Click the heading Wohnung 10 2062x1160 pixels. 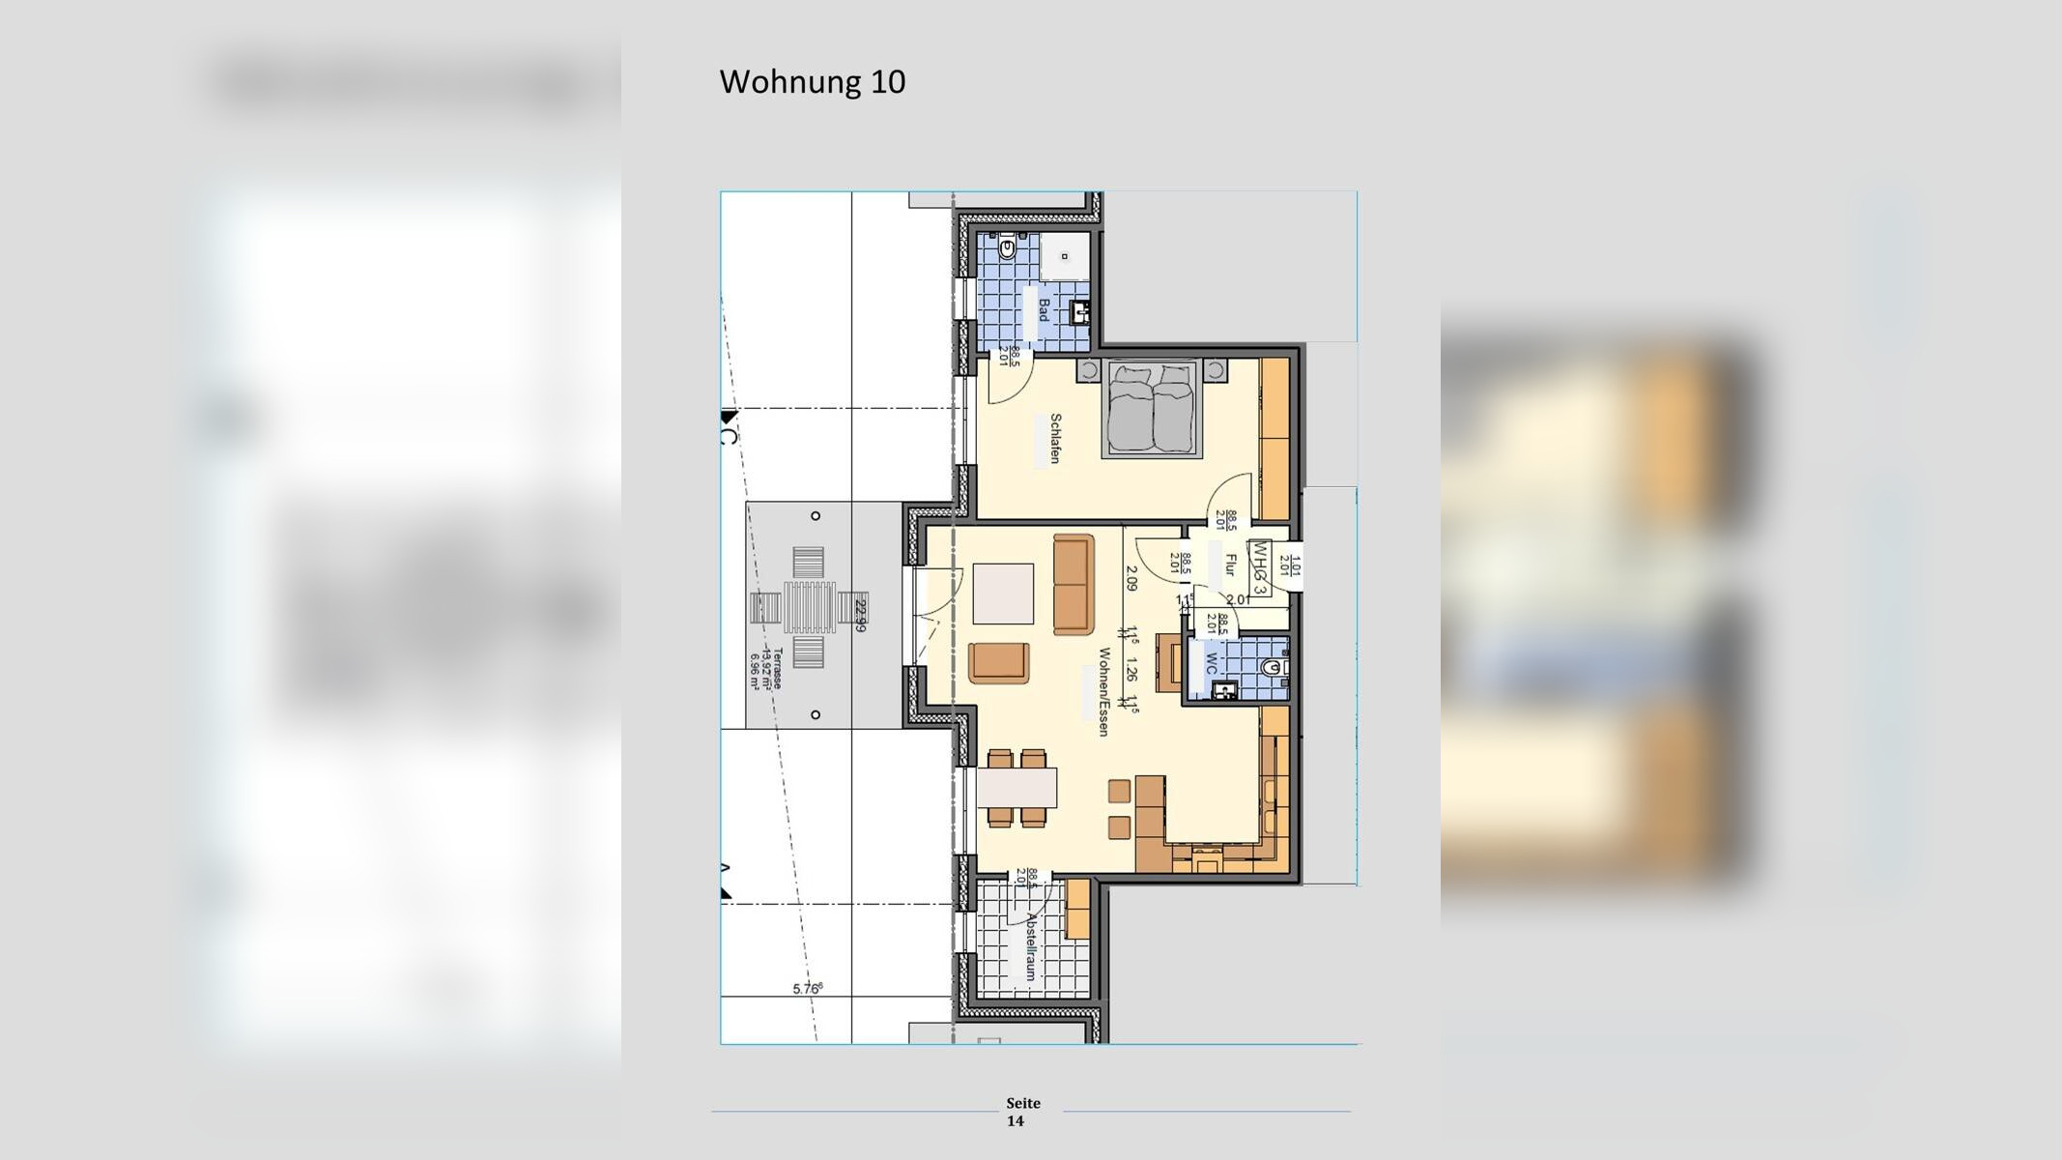point(812,82)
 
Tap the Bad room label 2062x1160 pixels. point(1044,310)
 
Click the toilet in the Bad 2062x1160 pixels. point(1006,249)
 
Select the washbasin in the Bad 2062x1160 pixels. point(1081,312)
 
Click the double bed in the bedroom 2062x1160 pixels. point(1151,408)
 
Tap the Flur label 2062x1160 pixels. point(1230,565)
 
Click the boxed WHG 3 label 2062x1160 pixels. point(1260,568)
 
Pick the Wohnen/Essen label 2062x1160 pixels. point(1102,692)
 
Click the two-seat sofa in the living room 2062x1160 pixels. point(1073,584)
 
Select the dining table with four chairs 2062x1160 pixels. point(1017,788)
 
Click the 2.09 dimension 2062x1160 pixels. point(1131,578)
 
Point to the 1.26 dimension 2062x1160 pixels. point(1131,673)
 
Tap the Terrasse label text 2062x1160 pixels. point(777,668)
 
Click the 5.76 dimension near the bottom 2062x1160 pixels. point(807,988)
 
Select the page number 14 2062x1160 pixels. point(1015,1121)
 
